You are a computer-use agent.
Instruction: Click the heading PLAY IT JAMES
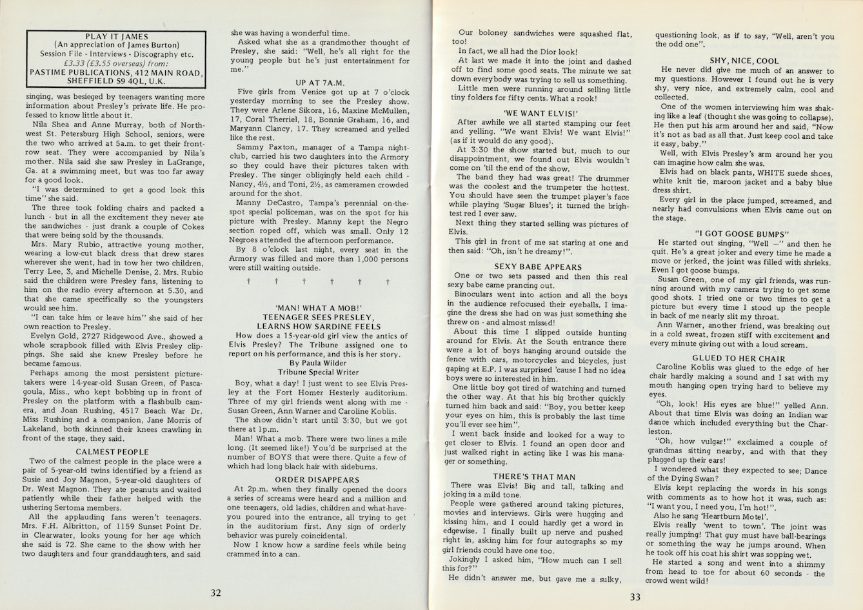pos(117,37)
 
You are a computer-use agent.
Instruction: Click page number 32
pos(216,593)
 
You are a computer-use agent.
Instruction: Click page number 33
pos(635,596)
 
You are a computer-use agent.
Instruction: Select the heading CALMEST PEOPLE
pos(112,452)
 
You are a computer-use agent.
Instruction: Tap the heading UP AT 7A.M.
pos(321,83)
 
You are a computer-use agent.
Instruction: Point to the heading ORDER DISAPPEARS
pos(317,480)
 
